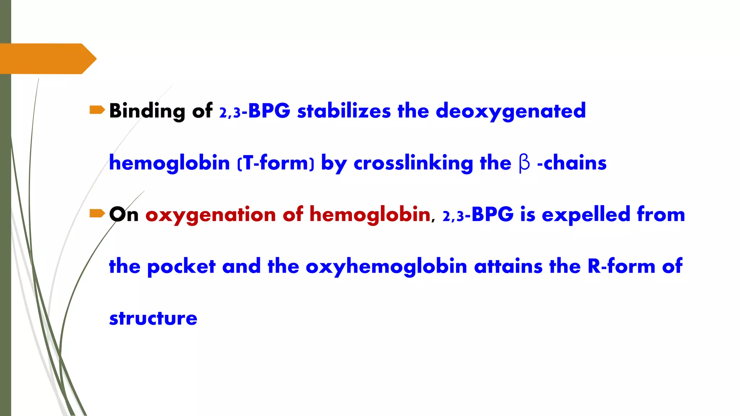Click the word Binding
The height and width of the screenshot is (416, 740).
tap(147, 111)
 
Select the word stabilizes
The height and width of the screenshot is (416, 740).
tap(344, 111)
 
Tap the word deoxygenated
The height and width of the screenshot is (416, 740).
tap(511, 111)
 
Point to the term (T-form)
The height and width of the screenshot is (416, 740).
tap(276, 163)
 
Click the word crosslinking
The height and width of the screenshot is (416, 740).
tap(413, 163)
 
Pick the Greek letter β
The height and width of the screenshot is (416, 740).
tap(524, 163)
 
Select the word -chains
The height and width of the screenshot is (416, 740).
tap(572, 163)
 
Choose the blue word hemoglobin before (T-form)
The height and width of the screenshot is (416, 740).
tap(169, 163)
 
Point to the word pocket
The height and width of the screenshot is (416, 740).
tap(181, 266)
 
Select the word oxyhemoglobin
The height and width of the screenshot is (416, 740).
tap(386, 266)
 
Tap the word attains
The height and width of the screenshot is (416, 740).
tap(508, 266)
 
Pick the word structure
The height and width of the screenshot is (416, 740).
tap(153, 318)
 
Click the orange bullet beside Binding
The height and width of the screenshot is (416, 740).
tap(97, 110)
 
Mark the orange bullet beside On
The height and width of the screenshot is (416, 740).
tap(97, 213)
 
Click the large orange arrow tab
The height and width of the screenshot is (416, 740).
tap(47, 58)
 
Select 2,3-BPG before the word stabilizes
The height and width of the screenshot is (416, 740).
tap(254, 111)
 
